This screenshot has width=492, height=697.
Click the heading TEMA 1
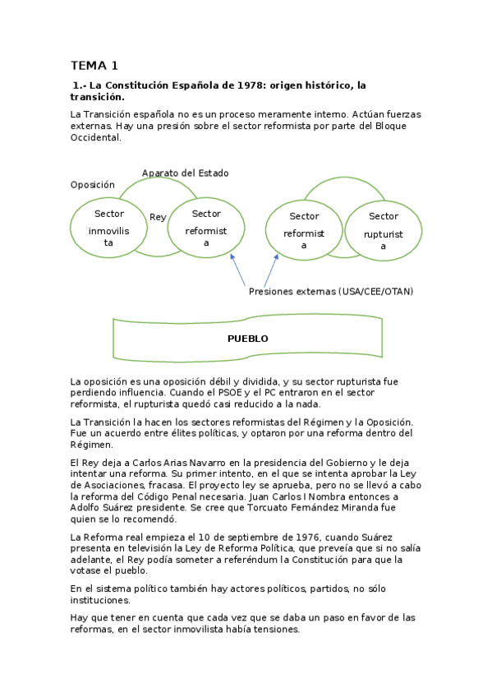[x=94, y=65]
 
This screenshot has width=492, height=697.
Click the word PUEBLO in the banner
[x=247, y=339]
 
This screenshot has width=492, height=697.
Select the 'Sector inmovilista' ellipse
[x=108, y=228]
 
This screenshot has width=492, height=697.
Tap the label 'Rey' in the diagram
[x=158, y=217]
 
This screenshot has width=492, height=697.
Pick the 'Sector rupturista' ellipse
[x=383, y=228]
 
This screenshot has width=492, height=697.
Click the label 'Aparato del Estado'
[x=185, y=173]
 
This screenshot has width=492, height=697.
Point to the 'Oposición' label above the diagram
[x=93, y=185]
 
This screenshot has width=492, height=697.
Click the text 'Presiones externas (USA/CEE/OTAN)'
[x=330, y=291]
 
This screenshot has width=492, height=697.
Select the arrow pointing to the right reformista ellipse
[x=269, y=271]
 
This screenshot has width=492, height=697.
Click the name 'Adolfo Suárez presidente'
[x=124, y=508]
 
